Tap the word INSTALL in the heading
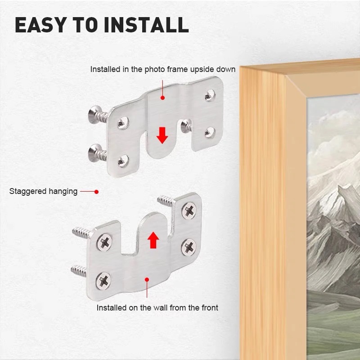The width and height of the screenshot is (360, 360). (x=146, y=25)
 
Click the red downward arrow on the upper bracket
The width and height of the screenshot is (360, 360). (x=162, y=135)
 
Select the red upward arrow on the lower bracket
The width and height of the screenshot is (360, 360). (x=153, y=240)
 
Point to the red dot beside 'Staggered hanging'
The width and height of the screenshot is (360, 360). (x=96, y=192)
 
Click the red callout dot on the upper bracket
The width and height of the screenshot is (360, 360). (x=162, y=98)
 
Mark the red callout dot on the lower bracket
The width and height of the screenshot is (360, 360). (x=147, y=279)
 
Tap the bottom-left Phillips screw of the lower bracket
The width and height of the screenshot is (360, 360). (x=103, y=280)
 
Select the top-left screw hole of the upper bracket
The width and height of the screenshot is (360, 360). (x=123, y=122)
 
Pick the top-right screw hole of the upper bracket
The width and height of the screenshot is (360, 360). (x=210, y=95)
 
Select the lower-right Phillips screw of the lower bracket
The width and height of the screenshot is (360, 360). (x=189, y=247)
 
